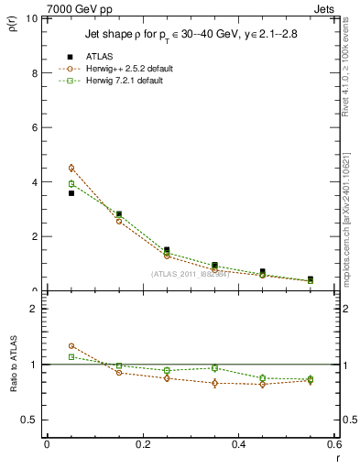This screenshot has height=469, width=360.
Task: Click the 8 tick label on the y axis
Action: [34, 73]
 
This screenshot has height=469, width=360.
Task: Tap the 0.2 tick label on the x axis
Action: [142, 444]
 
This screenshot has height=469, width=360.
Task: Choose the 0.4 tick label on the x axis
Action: [238, 444]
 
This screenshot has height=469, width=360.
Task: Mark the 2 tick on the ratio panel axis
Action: [34, 309]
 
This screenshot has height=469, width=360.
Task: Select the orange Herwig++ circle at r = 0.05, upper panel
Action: [71, 168]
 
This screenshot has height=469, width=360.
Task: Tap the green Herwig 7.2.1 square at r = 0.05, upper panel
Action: [71, 183]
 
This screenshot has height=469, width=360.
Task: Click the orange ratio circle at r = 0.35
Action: [214, 383]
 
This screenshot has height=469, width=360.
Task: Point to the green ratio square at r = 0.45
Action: [263, 377]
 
